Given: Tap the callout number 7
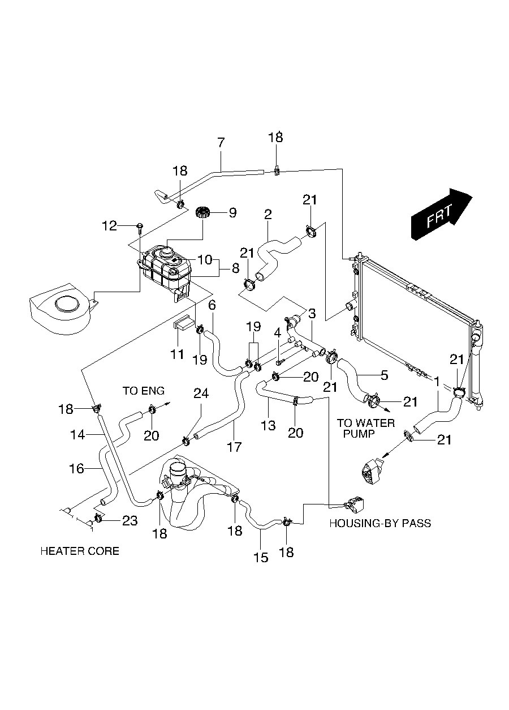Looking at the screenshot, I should point(221,142).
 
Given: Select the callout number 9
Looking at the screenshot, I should point(232,213).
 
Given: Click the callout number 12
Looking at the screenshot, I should point(109,226).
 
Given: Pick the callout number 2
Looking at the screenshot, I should point(268,215).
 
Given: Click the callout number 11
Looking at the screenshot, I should point(178,354).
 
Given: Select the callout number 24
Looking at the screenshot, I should point(201,393).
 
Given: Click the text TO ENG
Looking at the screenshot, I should point(144,391).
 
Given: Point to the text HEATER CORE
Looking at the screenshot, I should point(80,551).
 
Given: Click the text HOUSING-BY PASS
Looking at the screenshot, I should point(380,523).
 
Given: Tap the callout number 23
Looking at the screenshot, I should point(130,521).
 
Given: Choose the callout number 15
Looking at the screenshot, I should point(260,557).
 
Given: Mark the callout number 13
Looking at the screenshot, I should point(268,426).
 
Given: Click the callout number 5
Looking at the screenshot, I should point(384,374).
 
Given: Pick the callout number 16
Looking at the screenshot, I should point(77,468).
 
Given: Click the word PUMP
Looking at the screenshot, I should point(355,434).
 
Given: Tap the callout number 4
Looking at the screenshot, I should point(278,333).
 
